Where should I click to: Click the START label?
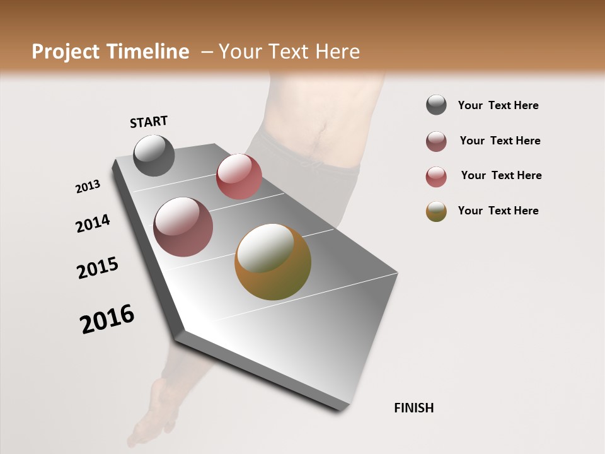(x=149, y=122)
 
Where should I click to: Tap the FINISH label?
(x=413, y=408)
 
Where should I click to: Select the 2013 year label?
(x=88, y=187)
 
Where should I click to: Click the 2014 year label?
(x=93, y=223)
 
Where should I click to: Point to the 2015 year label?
(x=98, y=268)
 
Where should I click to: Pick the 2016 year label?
(x=107, y=319)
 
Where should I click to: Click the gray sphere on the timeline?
(x=154, y=155)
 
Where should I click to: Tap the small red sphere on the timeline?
(x=239, y=177)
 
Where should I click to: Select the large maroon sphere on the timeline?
(x=183, y=227)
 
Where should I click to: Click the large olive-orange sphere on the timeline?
(x=273, y=262)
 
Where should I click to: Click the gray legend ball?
(x=436, y=105)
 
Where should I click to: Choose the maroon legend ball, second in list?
(x=436, y=141)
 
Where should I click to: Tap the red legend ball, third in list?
(x=436, y=177)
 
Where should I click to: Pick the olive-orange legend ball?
(x=436, y=211)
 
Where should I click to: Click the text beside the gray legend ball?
(x=498, y=106)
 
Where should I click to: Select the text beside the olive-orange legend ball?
(x=498, y=211)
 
